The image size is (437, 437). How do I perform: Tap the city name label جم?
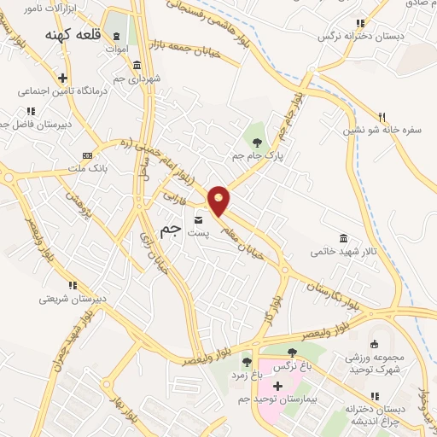coord(171,230)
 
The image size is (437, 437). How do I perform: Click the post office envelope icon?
coord(199,218)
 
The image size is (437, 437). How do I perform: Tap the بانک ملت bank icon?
coord(86,155)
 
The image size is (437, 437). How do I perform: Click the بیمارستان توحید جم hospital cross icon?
coord(277,386)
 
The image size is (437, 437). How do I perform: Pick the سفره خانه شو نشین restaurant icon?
coord(382,117)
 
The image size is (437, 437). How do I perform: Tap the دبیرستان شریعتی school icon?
coord(73,285)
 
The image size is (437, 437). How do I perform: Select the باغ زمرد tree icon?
coord(247,363)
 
